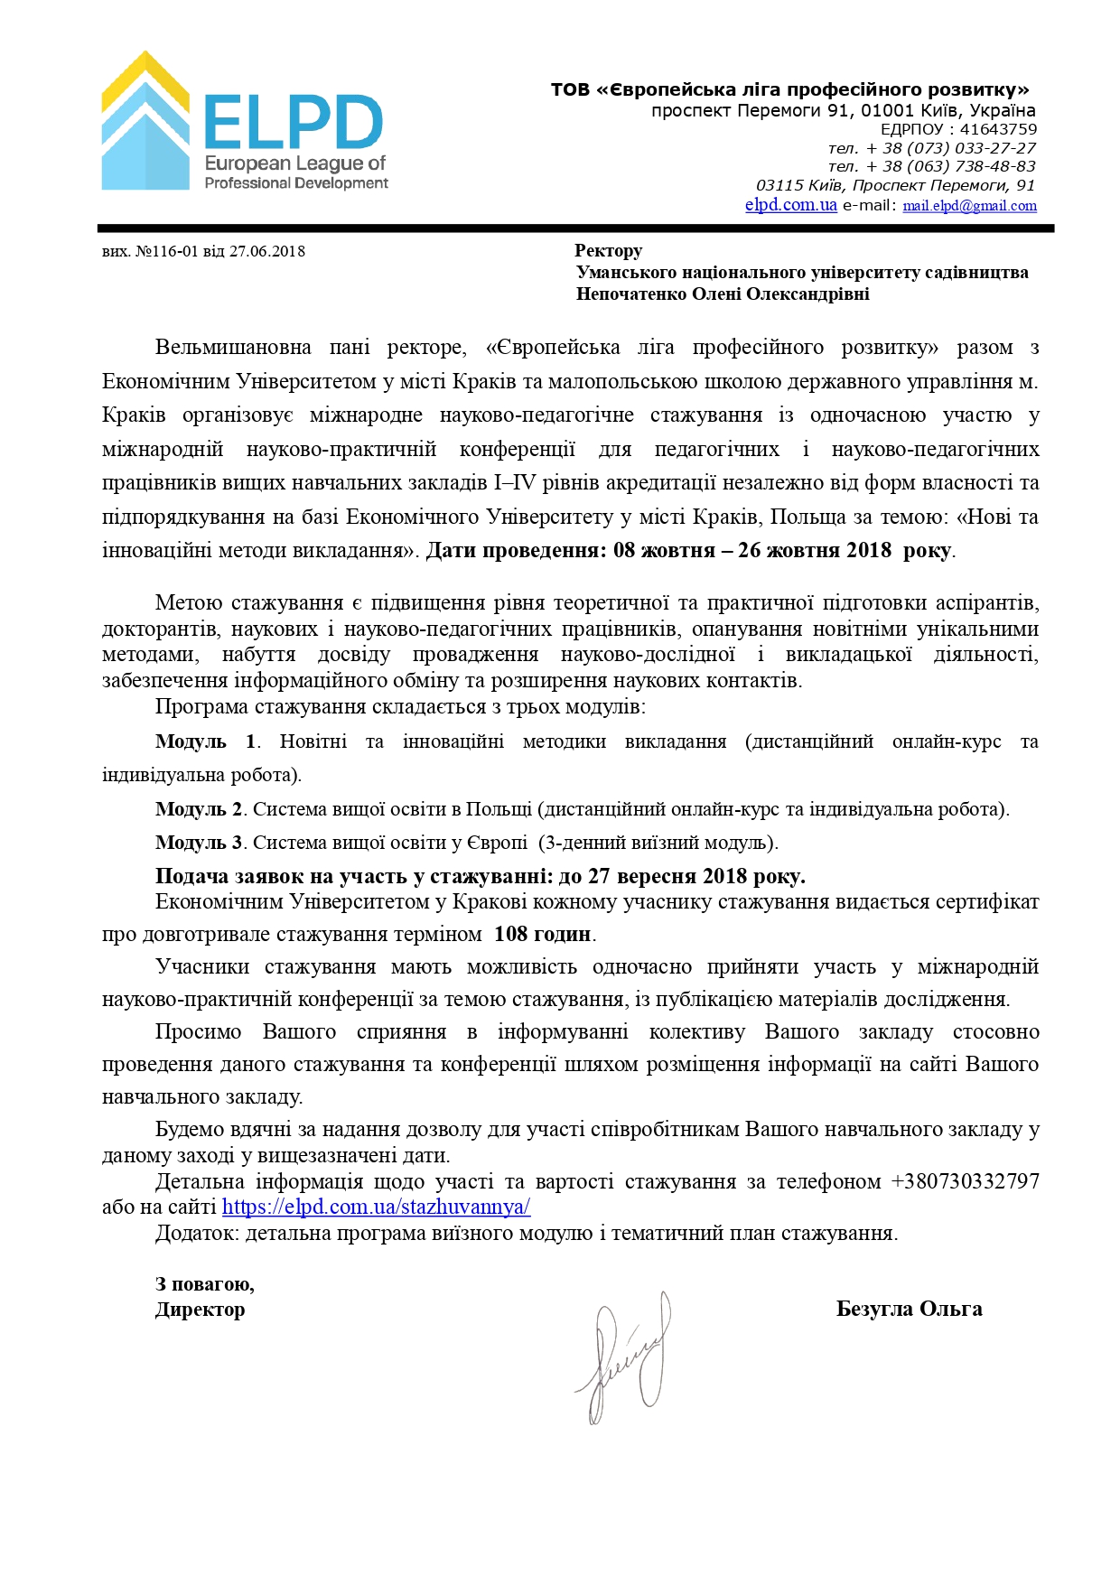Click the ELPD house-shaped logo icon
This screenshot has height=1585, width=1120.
pos(145,122)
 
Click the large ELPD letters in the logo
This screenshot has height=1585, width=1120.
pos(294,123)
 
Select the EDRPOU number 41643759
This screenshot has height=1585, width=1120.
pos(997,129)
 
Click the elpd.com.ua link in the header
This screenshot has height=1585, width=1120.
pos(790,205)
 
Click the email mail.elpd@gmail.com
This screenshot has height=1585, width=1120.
pos(969,206)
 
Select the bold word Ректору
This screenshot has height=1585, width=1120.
pos(608,250)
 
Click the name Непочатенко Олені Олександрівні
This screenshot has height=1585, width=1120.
pos(723,294)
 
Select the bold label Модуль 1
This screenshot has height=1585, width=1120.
pos(205,741)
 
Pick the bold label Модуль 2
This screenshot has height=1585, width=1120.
pos(199,809)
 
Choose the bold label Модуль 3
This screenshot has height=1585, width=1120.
pos(199,843)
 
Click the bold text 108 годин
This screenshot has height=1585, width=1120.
pos(543,934)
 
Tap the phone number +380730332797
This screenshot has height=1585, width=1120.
pos(965,1181)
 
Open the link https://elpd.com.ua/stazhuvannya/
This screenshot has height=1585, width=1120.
pos(376,1207)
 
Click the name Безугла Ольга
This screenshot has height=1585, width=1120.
pos(909,1309)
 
